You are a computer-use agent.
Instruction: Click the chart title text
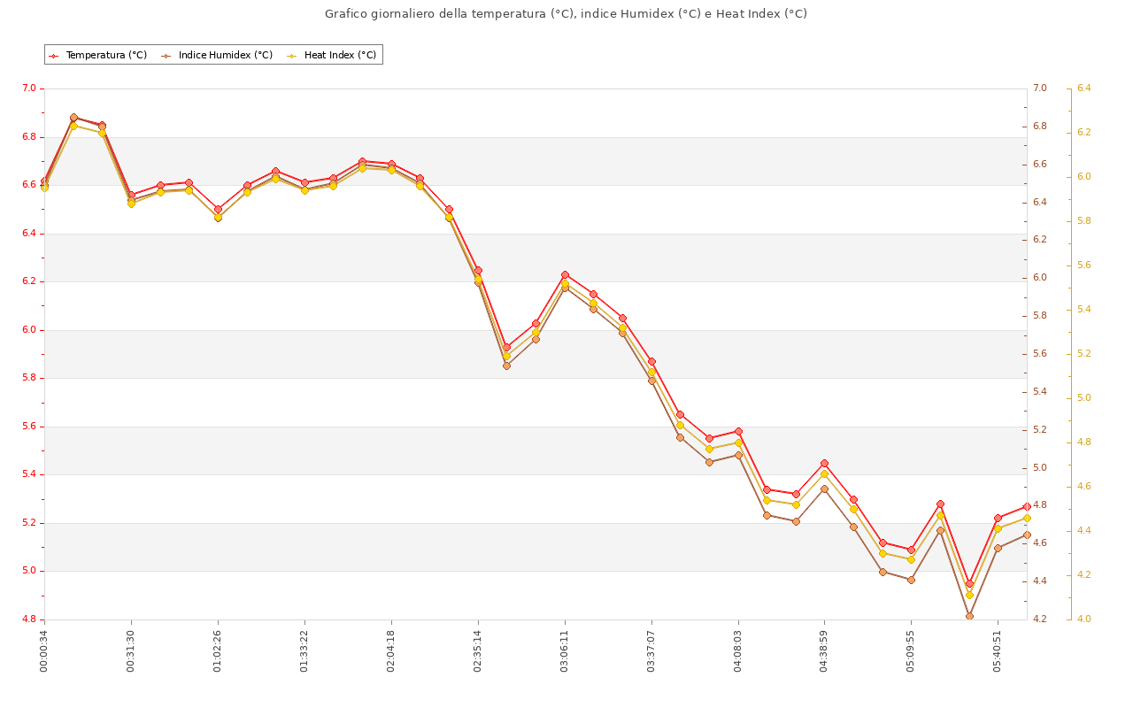[566, 14]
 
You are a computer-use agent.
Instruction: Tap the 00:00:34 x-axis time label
[44, 650]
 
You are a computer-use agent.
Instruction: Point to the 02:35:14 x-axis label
[478, 650]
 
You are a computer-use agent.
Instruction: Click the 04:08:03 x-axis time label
[738, 650]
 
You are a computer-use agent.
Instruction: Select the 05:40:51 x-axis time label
[998, 650]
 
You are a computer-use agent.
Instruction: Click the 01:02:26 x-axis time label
[218, 650]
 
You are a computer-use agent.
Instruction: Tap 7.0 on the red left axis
[29, 88]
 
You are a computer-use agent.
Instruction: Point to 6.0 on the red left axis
[29, 330]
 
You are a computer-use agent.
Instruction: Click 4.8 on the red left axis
[29, 619]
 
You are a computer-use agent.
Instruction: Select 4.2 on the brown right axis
[1039, 619]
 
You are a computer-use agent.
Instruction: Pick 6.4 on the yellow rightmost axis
[1084, 88]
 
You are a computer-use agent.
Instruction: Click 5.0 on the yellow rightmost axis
[1084, 398]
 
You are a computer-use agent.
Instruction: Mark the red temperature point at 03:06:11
[565, 274]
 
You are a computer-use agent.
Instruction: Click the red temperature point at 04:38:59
[824, 463]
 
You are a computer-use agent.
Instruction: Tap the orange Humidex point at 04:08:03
[738, 455]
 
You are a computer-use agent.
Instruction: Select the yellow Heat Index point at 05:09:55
[911, 559]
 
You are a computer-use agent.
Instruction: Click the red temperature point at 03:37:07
[651, 361]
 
